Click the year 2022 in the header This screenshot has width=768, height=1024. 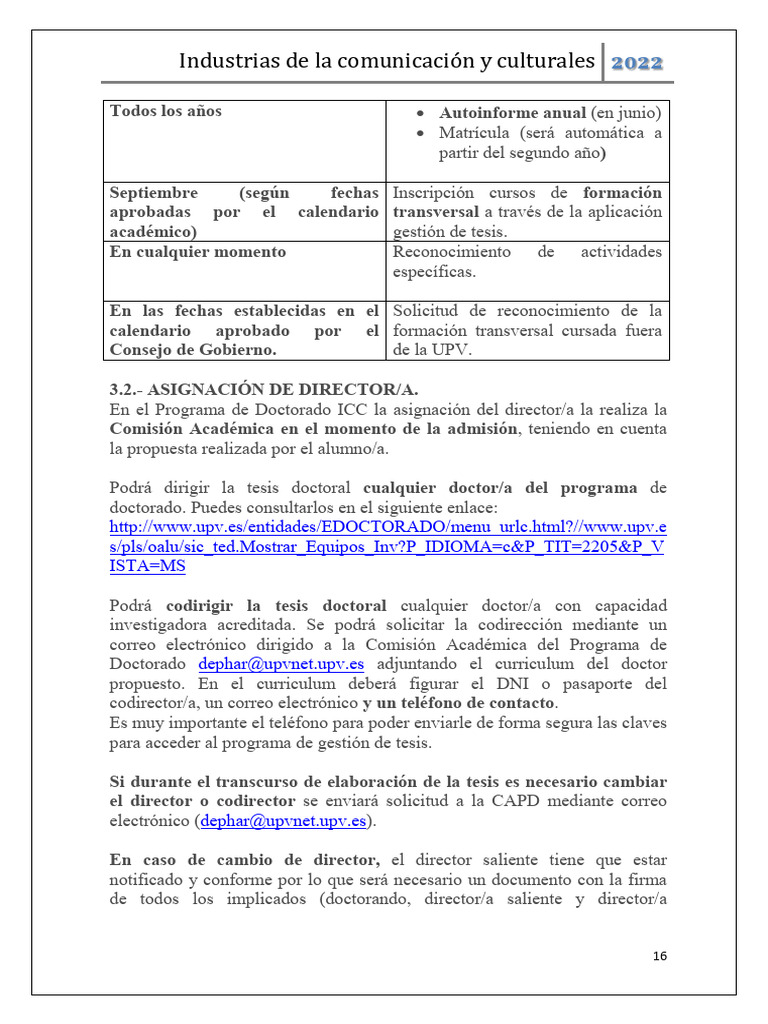[x=636, y=62]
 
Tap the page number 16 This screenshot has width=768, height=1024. [x=659, y=956]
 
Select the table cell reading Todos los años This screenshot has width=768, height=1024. [x=166, y=111]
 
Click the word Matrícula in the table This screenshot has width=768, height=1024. [x=475, y=132]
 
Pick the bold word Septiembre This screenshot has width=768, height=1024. [x=154, y=192]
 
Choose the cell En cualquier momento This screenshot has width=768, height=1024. [x=197, y=252]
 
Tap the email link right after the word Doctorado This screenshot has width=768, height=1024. [x=281, y=664]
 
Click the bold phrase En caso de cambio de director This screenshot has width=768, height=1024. [x=245, y=859]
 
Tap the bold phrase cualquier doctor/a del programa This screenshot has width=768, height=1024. [x=500, y=488]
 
